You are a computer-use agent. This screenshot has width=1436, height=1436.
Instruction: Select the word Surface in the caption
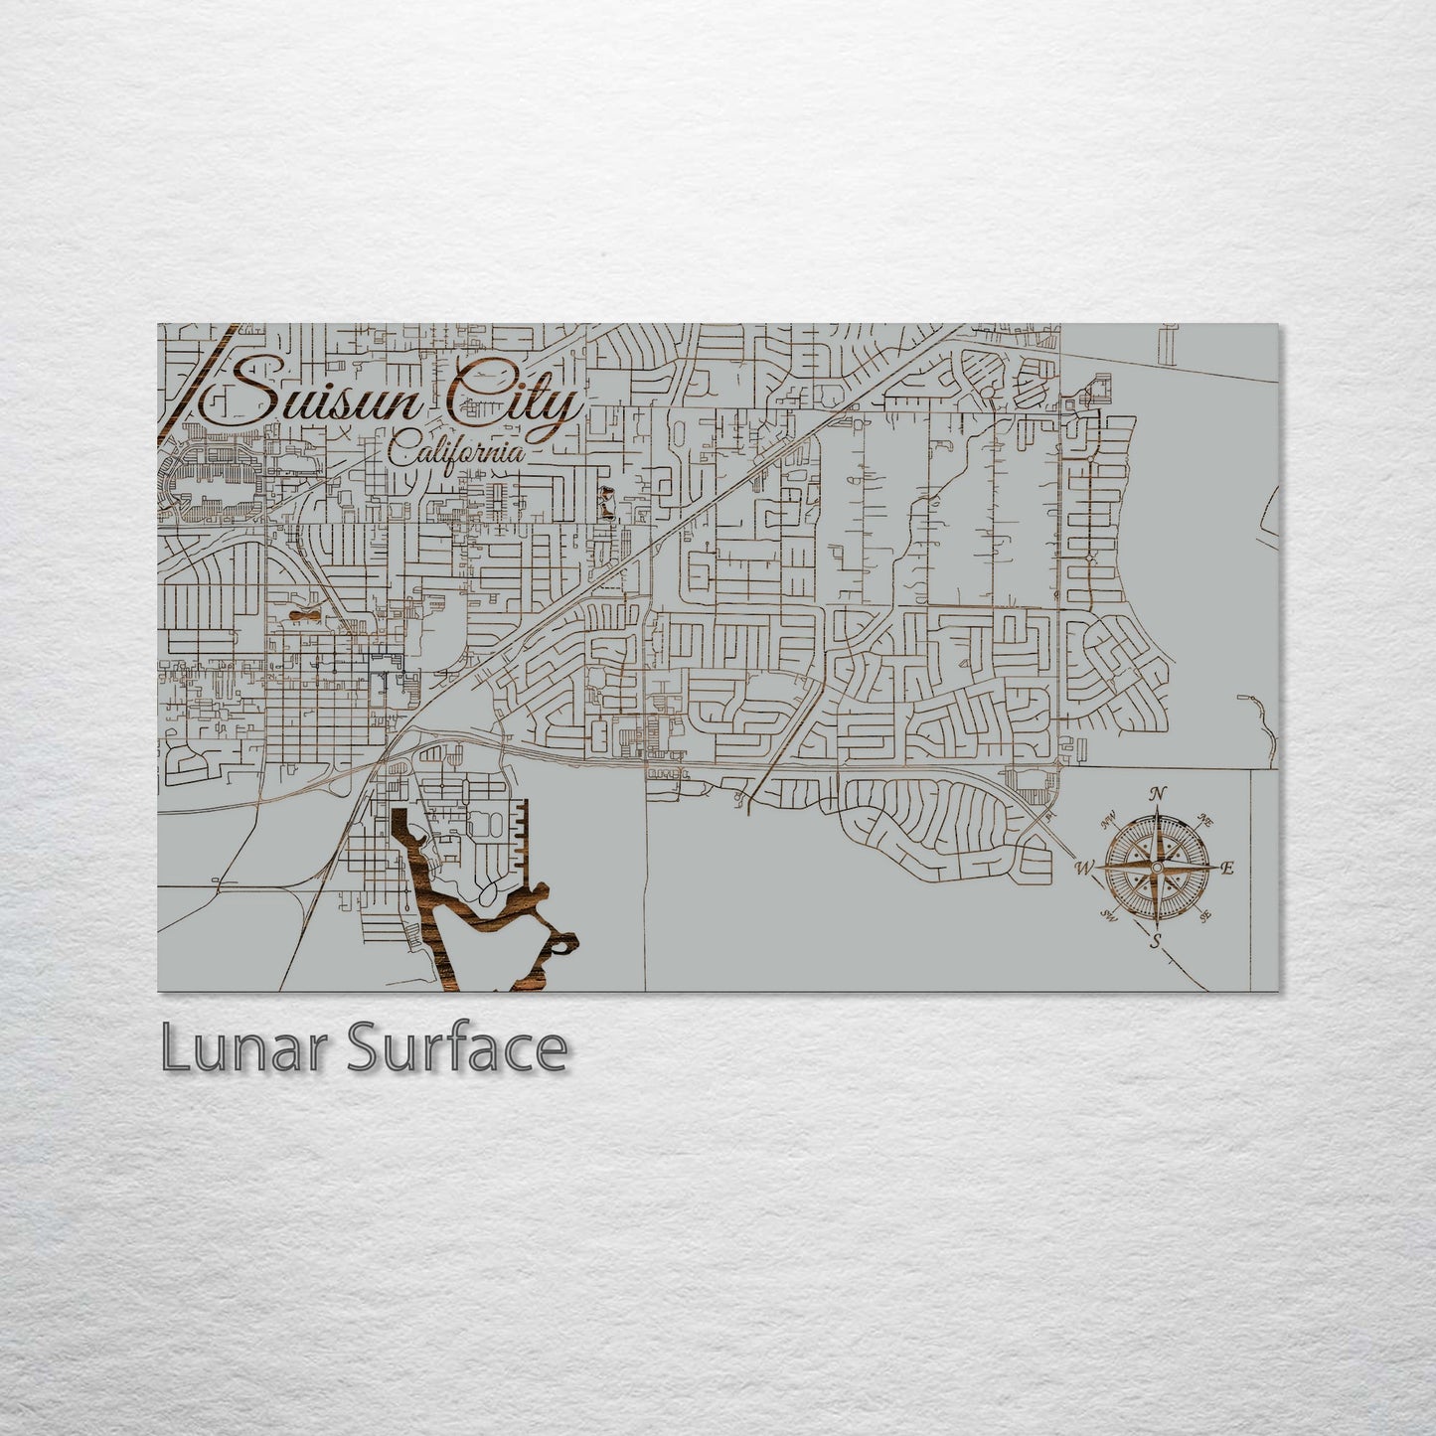pos(456,1048)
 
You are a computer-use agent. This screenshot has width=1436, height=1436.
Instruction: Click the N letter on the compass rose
pos(1157,794)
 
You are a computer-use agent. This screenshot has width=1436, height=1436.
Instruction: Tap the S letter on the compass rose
pos(1155,942)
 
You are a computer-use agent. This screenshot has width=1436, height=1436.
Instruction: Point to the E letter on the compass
pos(1228,869)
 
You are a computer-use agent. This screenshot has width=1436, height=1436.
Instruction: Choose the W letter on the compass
pos(1083,869)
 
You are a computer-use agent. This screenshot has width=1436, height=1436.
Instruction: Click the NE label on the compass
pos(1206,821)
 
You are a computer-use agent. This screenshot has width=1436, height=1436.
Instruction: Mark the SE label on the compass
pos(1205,916)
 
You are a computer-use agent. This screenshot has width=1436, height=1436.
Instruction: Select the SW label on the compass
pos(1109,916)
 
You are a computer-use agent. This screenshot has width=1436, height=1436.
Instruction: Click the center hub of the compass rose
pos(1156,868)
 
